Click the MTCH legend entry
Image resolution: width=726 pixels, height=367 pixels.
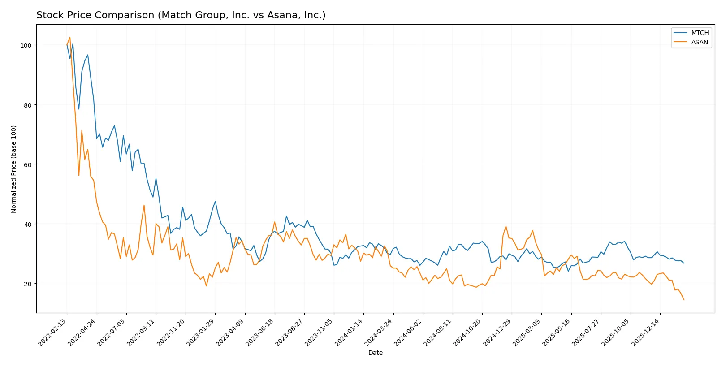tap(699, 33)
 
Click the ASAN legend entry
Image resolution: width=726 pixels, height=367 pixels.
tap(699, 42)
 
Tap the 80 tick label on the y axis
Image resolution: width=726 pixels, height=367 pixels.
tap(28, 105)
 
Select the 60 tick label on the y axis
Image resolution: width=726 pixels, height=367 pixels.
tap(28, 165)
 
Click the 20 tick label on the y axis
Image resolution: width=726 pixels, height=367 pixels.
tap(28, 284)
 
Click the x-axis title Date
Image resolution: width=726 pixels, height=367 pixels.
tap(375, 353)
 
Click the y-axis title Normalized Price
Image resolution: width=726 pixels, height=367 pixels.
tap(14, 169)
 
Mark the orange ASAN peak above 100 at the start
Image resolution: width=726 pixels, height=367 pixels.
tap(70, 37)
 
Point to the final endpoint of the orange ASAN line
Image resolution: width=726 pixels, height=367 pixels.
tap(684, 300)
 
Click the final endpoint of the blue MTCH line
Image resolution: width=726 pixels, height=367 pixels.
tap(684, 263)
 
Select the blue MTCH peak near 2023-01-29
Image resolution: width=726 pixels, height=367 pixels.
tap(215, 201)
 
